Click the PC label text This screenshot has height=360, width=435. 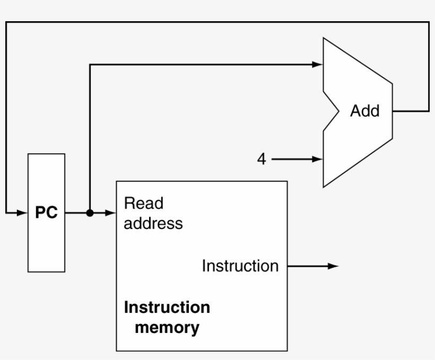pos(46,214)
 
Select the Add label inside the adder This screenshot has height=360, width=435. pos(364,111)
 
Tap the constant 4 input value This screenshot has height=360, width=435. pos(262,159)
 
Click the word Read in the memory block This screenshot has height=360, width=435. pos(143,204)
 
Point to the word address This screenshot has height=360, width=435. pos(153,223)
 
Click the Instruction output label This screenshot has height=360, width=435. pos(240,266)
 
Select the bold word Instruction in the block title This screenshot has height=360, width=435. pos(167,308)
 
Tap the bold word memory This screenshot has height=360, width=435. pos(167,327)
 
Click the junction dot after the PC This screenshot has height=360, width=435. pos(90,213)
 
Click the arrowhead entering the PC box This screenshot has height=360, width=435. pos(22,213)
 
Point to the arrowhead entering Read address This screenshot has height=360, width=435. pos(111,213)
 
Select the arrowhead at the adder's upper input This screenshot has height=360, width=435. pos(317,65)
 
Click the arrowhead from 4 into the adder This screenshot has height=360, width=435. pos(317,159)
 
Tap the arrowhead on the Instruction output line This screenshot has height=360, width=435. pos(333,266)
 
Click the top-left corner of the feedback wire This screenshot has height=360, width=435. pos(6,22)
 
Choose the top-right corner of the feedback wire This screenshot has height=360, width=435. pos(429,22)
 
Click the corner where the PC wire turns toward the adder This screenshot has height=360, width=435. pos(90,65)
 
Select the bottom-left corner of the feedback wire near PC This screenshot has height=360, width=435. pos(6,213)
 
